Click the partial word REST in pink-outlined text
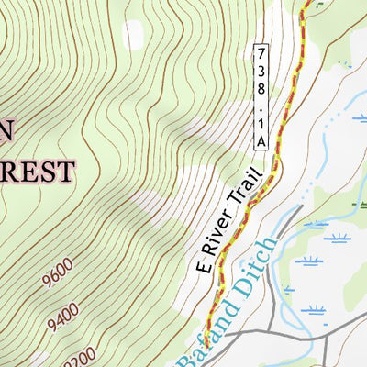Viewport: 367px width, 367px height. [x=37, y=172]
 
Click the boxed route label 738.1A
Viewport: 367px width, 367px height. [x=261, y=95]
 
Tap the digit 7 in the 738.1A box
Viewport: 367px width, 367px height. [x=261, y=51]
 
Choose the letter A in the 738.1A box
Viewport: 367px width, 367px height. [x=261, y=139]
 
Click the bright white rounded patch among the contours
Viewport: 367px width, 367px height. [x=134, y=34]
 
